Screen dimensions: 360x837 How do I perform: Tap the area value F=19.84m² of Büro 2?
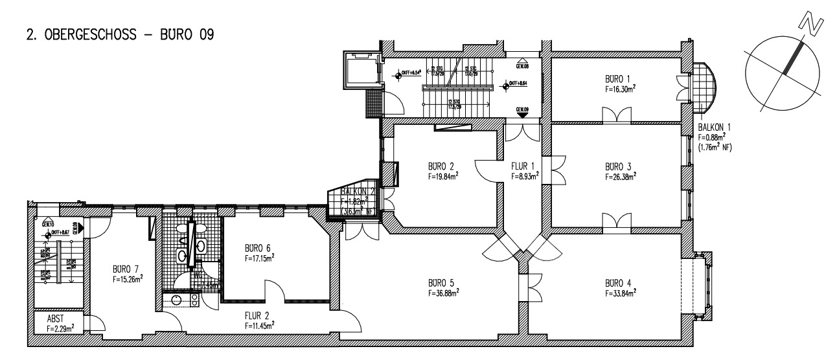[442, 175]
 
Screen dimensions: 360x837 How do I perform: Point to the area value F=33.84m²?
[620, 293]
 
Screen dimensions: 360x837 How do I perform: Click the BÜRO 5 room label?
[440, 283]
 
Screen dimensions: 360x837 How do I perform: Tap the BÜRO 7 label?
[124, 269]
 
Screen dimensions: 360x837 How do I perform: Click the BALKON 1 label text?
[715, 128]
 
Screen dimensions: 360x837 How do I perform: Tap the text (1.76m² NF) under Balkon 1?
[715, 146]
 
